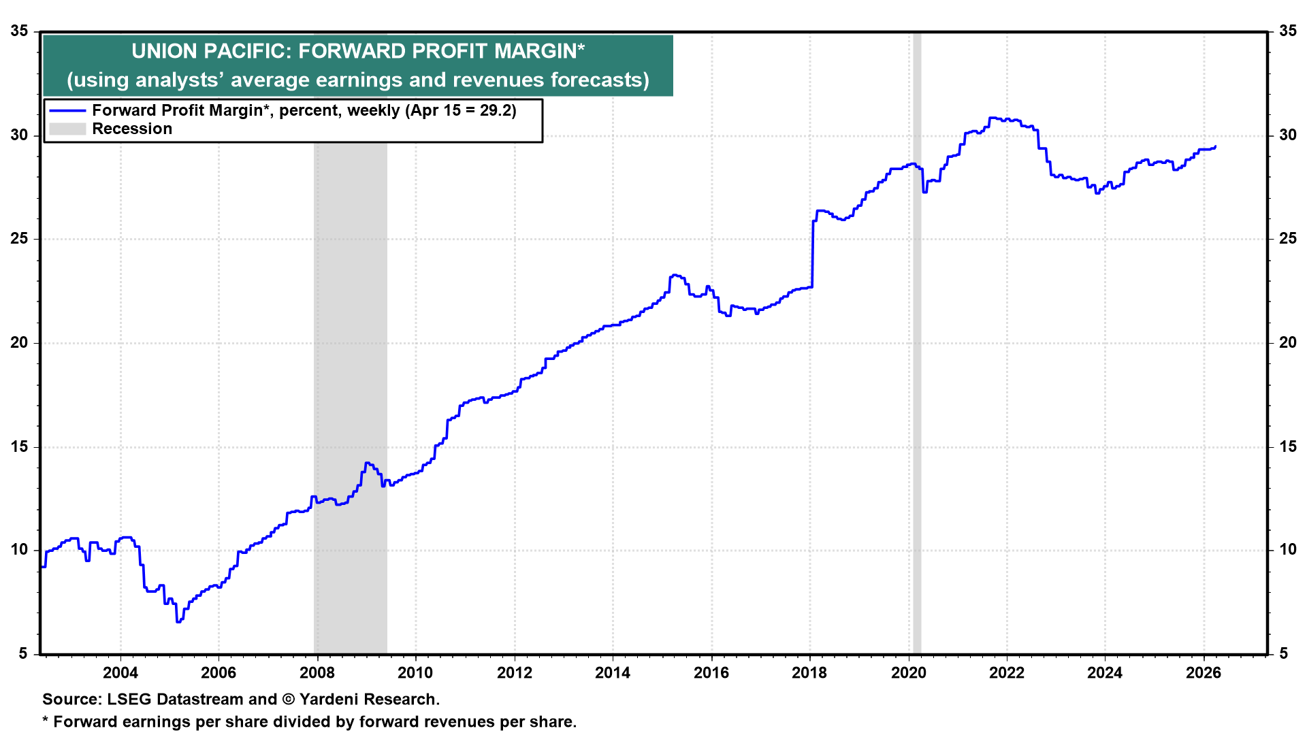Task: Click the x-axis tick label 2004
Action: tap(120, 673)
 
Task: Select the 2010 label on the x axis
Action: tap(415, 673)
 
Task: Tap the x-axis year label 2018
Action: tap(809, 673)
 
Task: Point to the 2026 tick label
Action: tap(1204, 673)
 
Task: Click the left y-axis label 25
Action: tap(19, 239)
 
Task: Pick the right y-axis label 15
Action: tap(1288, 446)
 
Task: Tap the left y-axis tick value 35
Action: tap(19, 31)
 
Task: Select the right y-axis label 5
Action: tap(1284, 654)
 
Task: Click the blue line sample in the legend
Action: tap(67, 110)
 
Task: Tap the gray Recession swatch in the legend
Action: tap(67, 129)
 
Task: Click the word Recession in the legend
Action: tap(132, 129)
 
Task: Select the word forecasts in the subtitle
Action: tap(597, 80)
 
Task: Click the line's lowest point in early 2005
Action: tap(178, 621)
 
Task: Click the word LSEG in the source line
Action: tap(129, 700)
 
